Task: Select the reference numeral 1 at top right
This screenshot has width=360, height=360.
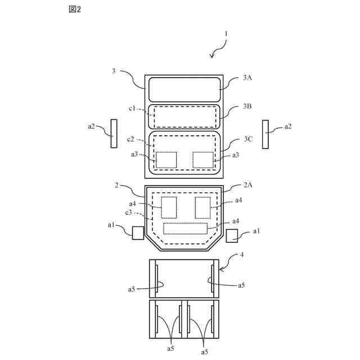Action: [226, 33]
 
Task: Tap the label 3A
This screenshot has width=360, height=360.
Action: [247, 78]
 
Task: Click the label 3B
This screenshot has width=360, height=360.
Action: [247, 106]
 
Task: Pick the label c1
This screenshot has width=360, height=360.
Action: [133, 108]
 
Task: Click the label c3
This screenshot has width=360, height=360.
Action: [129, 213]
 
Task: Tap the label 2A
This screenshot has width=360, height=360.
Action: [247, 184]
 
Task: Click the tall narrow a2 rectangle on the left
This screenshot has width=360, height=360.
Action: [114, 133]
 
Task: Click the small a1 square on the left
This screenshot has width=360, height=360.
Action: [138, 233]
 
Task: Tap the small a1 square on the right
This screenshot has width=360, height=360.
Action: [232, 235]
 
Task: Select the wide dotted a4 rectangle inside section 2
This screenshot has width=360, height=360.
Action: [185, 228]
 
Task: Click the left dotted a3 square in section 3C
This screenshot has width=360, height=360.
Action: [166, 160]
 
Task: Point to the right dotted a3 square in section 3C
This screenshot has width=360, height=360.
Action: [202, 160]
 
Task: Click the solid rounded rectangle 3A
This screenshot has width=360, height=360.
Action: [184, 89]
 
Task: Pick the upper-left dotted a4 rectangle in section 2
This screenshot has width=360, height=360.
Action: [169, 207]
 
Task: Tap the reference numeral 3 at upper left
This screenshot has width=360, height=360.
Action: [114, 71]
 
